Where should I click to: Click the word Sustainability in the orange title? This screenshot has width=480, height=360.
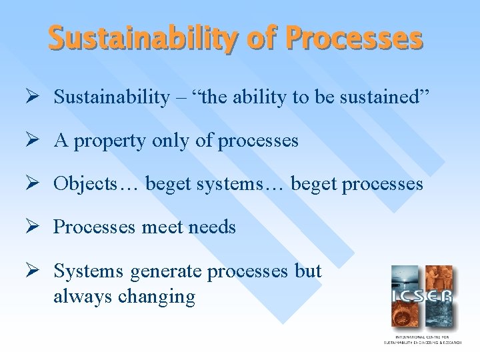(x=139, y=39)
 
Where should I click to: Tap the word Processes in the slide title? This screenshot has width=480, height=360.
(x=354, y=39)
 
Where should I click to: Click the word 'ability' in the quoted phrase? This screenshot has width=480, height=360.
(x=257, y=97)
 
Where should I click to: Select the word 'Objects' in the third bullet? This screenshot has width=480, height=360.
(x=84, y=183)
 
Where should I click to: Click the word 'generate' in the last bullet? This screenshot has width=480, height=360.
(x=166, y=272)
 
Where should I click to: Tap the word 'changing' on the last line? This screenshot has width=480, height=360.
(x=156, y=297)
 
